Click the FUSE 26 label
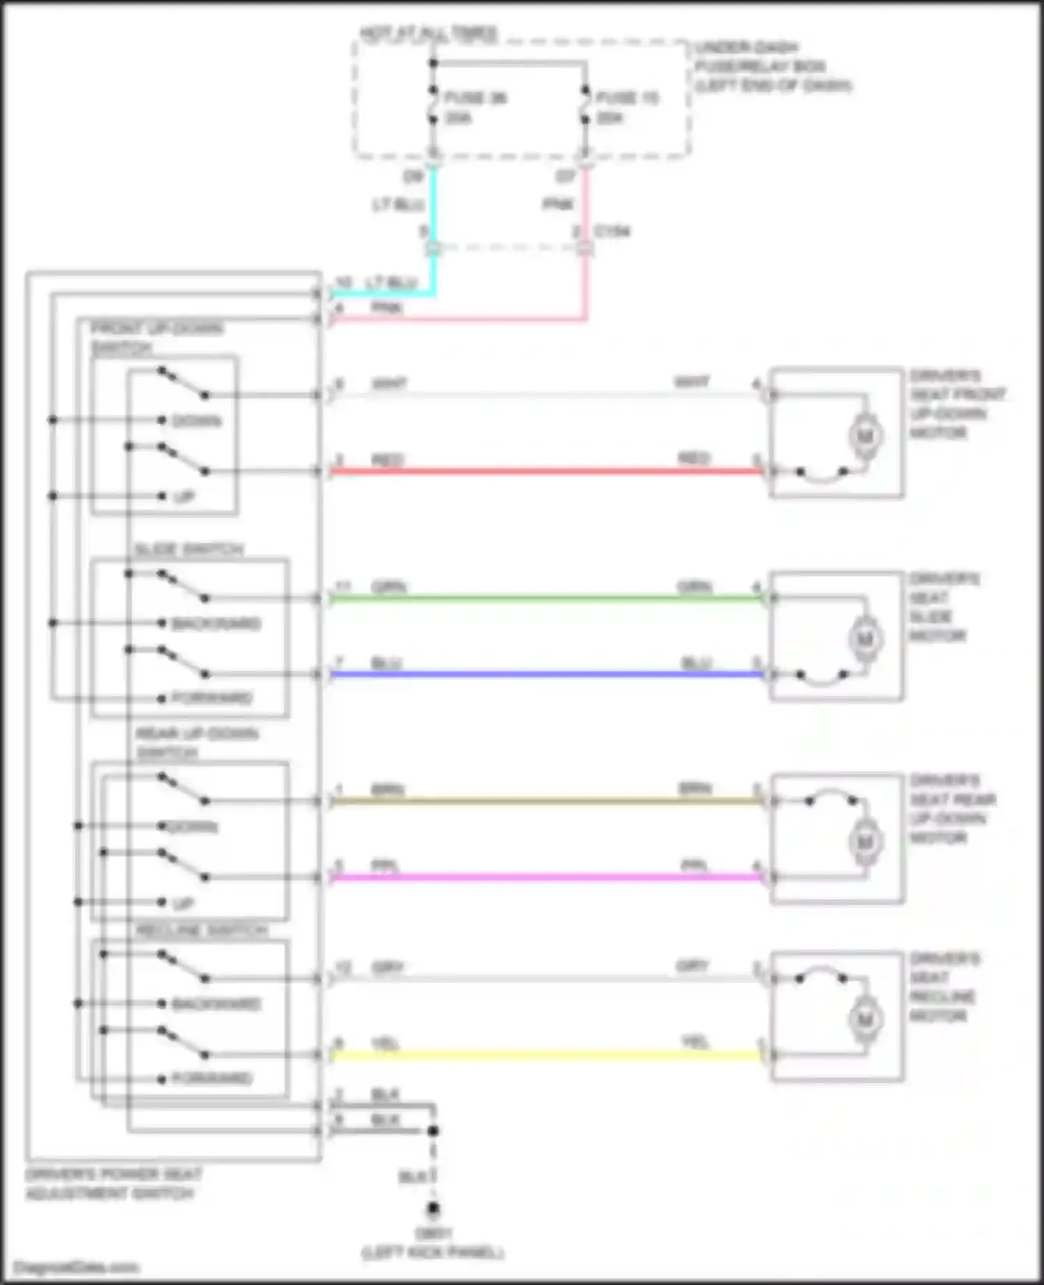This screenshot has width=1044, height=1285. tap(475, 98)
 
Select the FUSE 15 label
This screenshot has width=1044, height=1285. tap(626, 98)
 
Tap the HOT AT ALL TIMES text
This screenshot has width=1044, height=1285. tap(428, 33)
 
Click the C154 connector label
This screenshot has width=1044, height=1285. tap(612, 231)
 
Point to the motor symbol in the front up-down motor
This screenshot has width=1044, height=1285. tap(865, 436)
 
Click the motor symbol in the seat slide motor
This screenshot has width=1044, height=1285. tap(865, 639)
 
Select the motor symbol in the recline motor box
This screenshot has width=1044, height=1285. tap(865, 1020)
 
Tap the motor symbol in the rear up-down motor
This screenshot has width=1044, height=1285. tap(865, 842)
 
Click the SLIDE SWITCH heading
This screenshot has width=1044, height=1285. tap(189, 550)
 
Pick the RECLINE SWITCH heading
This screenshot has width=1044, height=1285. tap(201, 931)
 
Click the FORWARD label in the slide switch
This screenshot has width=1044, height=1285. tap(212, 697)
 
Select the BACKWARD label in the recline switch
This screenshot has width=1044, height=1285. tap(216, 1004)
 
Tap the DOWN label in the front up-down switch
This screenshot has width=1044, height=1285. tap(196, 421)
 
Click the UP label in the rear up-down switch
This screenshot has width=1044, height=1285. tap(183, 904)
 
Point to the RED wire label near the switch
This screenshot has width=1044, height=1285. tap(388, 460)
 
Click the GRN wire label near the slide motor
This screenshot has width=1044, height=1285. tap(694, 587)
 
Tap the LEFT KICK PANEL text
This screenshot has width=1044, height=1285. tap(432, 1253)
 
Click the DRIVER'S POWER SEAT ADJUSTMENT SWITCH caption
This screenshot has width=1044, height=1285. tap(113, 1183)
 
